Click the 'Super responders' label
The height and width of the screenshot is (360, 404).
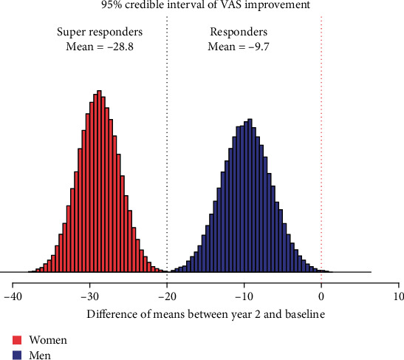(100, 33)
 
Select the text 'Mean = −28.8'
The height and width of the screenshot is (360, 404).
(100, 47)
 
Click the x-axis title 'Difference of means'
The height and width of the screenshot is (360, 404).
(205, 313)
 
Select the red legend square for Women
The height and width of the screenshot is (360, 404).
(16, 341)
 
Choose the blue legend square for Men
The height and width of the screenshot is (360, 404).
(16, 355)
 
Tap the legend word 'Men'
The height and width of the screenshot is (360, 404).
(40, 355)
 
